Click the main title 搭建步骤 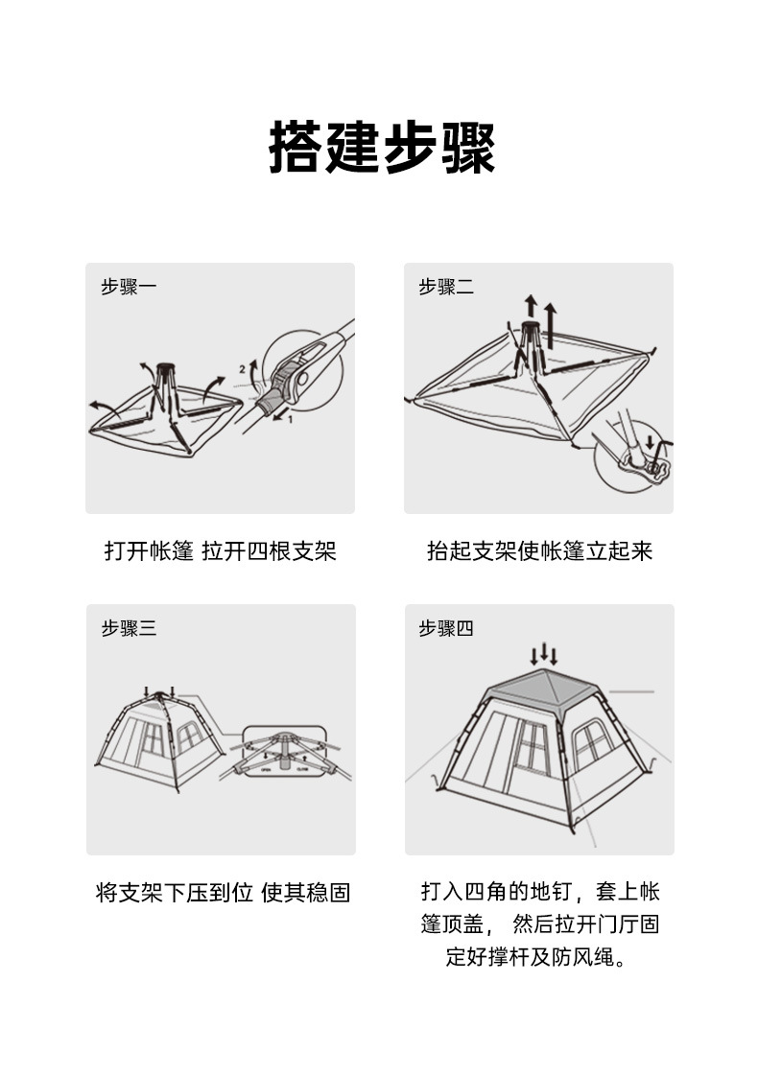coord(382,148)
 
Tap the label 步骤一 coord(129,287)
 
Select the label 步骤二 coord(446,287)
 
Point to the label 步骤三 coord(129,628)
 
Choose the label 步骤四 coord(446,628)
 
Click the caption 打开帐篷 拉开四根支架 coord(220,551)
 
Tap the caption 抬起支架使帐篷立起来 coord(539,551)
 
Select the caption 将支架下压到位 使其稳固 coord(223,893)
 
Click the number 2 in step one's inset coord(242,369)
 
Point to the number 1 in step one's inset coord(290,419)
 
